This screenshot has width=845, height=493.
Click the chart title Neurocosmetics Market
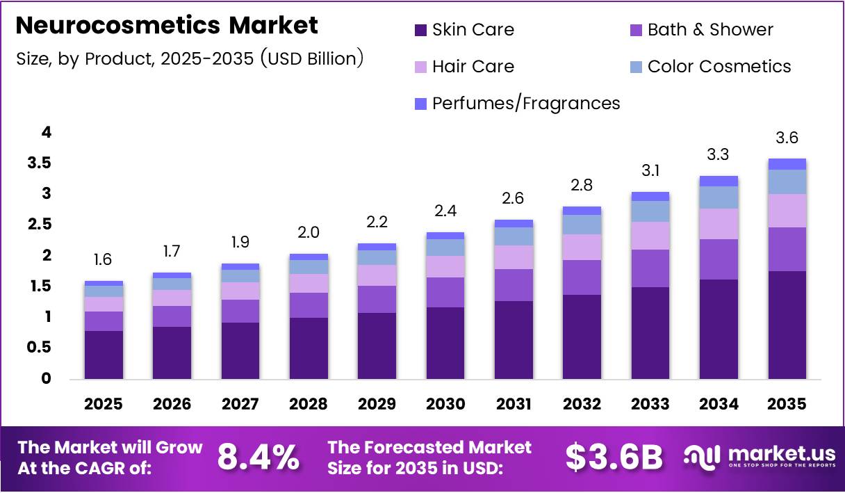point(167,26)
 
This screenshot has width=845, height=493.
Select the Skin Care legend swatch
point(420,30)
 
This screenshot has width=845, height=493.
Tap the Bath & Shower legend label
point(709,30)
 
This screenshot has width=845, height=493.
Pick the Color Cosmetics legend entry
point(719,67)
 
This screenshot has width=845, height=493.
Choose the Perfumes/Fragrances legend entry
point(525,104)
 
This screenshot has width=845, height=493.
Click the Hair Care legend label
point(473,67)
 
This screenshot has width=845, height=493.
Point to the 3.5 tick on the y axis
point(38,163)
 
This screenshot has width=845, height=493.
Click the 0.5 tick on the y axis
point(38,348)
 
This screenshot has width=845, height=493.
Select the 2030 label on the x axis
point(445,404)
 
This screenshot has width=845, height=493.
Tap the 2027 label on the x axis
point(240,404)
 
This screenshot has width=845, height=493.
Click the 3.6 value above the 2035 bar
point(787,138)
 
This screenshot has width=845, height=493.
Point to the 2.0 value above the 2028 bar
point(309,232)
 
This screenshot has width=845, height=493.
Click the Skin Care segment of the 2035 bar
point(787,325)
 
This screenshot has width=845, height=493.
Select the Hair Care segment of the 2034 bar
point(719,224)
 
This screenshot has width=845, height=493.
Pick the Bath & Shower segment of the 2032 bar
point(582,277)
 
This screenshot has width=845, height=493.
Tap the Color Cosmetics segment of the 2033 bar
point(650,211)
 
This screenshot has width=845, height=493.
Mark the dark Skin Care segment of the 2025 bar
point(104,355)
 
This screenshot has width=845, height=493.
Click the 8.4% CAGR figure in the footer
point(259,457)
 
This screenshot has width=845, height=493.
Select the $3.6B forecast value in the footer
point(613,457)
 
